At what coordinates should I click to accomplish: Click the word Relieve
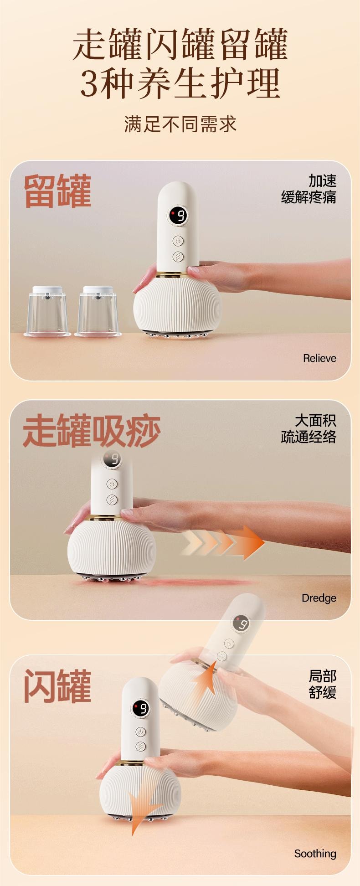tap(319, 358)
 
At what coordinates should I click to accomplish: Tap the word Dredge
tap(319, 598)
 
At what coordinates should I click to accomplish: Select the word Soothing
tap(315, 854)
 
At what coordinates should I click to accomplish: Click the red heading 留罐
tap(57, 191)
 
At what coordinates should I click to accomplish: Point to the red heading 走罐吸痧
tap(92, 431)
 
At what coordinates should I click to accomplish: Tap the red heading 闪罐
tap(57, 686)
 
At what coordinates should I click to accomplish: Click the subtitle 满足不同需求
tap(180, 124)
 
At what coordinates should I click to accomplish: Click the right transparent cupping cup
tap(98, 311)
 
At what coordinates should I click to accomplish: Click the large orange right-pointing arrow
tap(223, 542)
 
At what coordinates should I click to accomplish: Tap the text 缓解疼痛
tap(309, 197)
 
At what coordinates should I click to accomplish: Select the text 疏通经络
tap(309, 437)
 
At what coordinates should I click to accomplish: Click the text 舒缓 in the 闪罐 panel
tap(323, 692)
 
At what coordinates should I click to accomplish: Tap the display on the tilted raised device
tap(241, 623)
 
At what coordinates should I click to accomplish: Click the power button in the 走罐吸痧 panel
tap(112, 484)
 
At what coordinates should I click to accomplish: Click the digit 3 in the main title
tap(90, 84)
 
